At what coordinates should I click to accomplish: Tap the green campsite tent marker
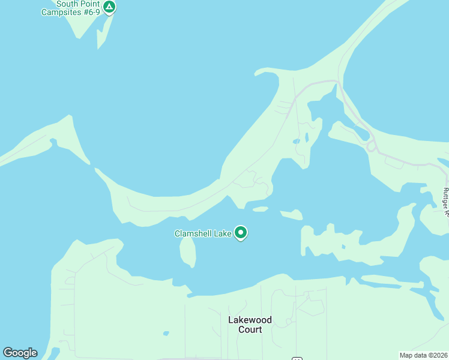pyautogui.click(x=109, y=7)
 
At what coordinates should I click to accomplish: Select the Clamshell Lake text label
pyautogui.click(x=203, y=233)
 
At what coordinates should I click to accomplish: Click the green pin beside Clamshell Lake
pyautogui.click(x=241, y=232)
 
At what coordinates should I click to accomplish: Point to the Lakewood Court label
pyautogui.click(x=250, y=325)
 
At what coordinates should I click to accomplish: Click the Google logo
pyautogui.click(x=20, y=353)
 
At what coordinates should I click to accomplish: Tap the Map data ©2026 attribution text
pyautogui.click(x=423, y=355)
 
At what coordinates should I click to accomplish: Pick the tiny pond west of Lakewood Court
pyautogui.click(x=166, y=334)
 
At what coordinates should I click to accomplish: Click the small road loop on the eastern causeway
pyautogui.click(x=372, y=146)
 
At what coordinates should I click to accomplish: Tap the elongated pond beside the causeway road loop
pyautogui.click(x=360, y=131)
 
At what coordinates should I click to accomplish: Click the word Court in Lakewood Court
pyautogui.click(x=250, y=329)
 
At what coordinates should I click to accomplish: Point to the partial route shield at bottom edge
pyautogui.click(x=297, y=358)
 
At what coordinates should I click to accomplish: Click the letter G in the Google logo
pyautogui.click(x=8, y=353)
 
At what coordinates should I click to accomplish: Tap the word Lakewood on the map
pyautogui.click(x=250, y=320)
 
